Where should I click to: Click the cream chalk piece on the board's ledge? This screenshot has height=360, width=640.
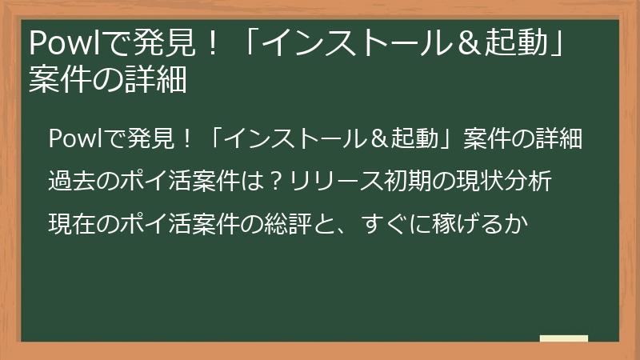[563, 338]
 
